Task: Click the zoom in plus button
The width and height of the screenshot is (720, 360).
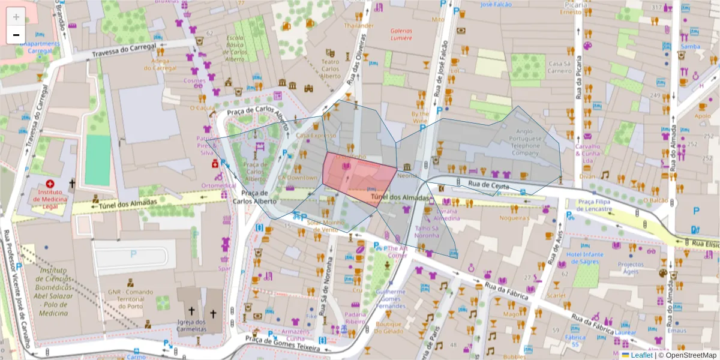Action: tap(16, 17)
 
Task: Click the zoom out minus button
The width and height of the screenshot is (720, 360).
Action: tap(16, 35)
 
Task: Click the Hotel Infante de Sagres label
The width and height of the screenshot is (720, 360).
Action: tap(584, 258)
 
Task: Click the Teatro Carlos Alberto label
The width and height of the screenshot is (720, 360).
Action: tap(330, 69)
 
